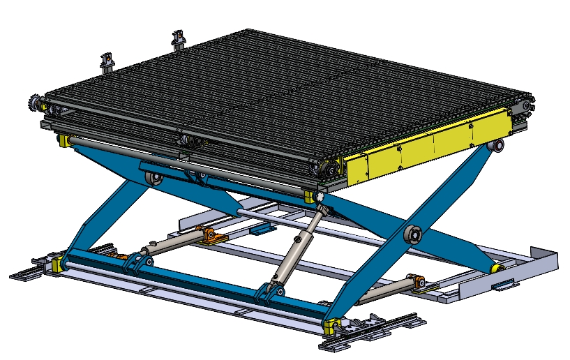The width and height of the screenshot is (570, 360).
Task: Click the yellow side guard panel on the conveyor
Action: tap(426, 148)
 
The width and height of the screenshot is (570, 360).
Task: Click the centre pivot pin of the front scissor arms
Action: tap(412, 234)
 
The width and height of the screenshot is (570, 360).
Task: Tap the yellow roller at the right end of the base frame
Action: tap(499, 268)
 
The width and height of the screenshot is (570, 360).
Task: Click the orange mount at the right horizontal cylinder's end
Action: tap(419, 283)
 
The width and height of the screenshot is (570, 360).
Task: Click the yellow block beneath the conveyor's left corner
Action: tap(64, 142)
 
